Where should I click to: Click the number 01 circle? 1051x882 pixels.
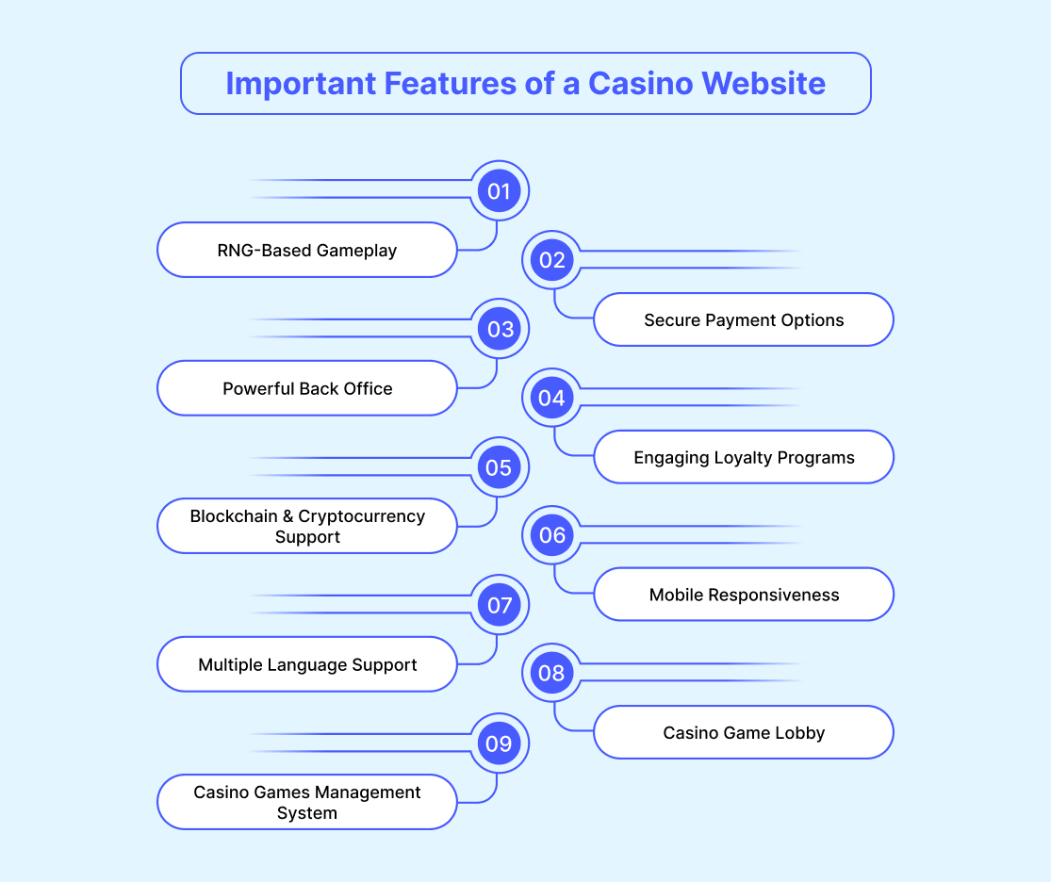pyautogui.click(x=500, y=191)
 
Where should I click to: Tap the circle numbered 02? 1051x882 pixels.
pyautogui.click(x=552, y=260)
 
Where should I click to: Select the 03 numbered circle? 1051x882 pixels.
pyautogui.click(x=500, y=329)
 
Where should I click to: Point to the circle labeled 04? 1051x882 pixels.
pyautogui.click(x=552, y=398)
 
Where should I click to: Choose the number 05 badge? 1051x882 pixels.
pyautogui.click(x=500, y=467)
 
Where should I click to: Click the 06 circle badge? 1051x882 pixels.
pyautogui.click(x=552, y=535)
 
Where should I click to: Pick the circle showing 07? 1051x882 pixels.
pyautogui.click(x=500, y=605)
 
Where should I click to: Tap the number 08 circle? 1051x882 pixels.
pyautogui.click(x=552, y=673)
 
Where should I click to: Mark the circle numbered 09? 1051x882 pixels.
pyautogui.click(x=500, y=743)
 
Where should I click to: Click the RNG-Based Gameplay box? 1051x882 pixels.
pyautogui.click(x=307, y=250)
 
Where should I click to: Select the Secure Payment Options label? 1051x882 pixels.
pyautogui.click(x=744, y=319)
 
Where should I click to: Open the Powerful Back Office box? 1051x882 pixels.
pyautogui.click(x=307, y=388)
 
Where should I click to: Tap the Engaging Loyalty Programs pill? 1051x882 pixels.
pyautogui.click(x=744, y=457)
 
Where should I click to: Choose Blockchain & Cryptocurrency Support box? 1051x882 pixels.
pyautogui.click(x=307, y=526)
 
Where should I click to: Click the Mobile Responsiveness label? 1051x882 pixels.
pyautogui.click(x=744, y=595)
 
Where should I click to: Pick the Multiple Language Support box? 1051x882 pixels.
pyautogui.click(x=307, y=664)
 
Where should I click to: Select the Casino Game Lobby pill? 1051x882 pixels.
pyautogui.click(x=744, y=732)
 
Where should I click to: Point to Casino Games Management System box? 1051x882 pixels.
pyautogui.click(x=307, y=802)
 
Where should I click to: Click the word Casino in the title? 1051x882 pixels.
pyautogui.click(x=640, y=84)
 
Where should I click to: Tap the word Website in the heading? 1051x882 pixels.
pyautogui.click(x=764, y=84)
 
